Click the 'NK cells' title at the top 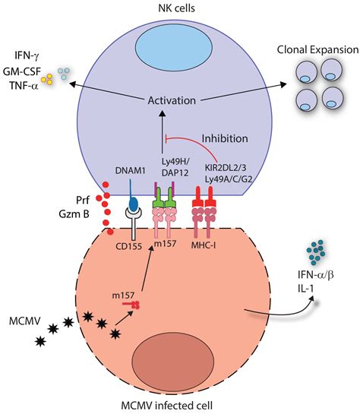pyautogui.click(x=180, y=7)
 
